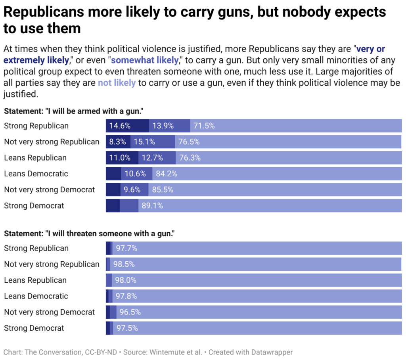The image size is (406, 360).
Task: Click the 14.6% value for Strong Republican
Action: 120,126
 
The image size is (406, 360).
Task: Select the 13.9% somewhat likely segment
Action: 163,126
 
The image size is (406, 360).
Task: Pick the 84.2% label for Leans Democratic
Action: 167,174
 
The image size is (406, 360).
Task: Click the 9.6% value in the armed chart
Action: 132,190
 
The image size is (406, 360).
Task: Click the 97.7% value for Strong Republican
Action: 126,249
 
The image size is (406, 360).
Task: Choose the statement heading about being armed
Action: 73,111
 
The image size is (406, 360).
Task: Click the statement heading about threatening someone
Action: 89,234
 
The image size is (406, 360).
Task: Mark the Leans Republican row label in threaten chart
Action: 35,280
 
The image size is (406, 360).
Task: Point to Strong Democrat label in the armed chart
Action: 34,206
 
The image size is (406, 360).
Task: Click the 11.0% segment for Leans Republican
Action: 120,158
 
